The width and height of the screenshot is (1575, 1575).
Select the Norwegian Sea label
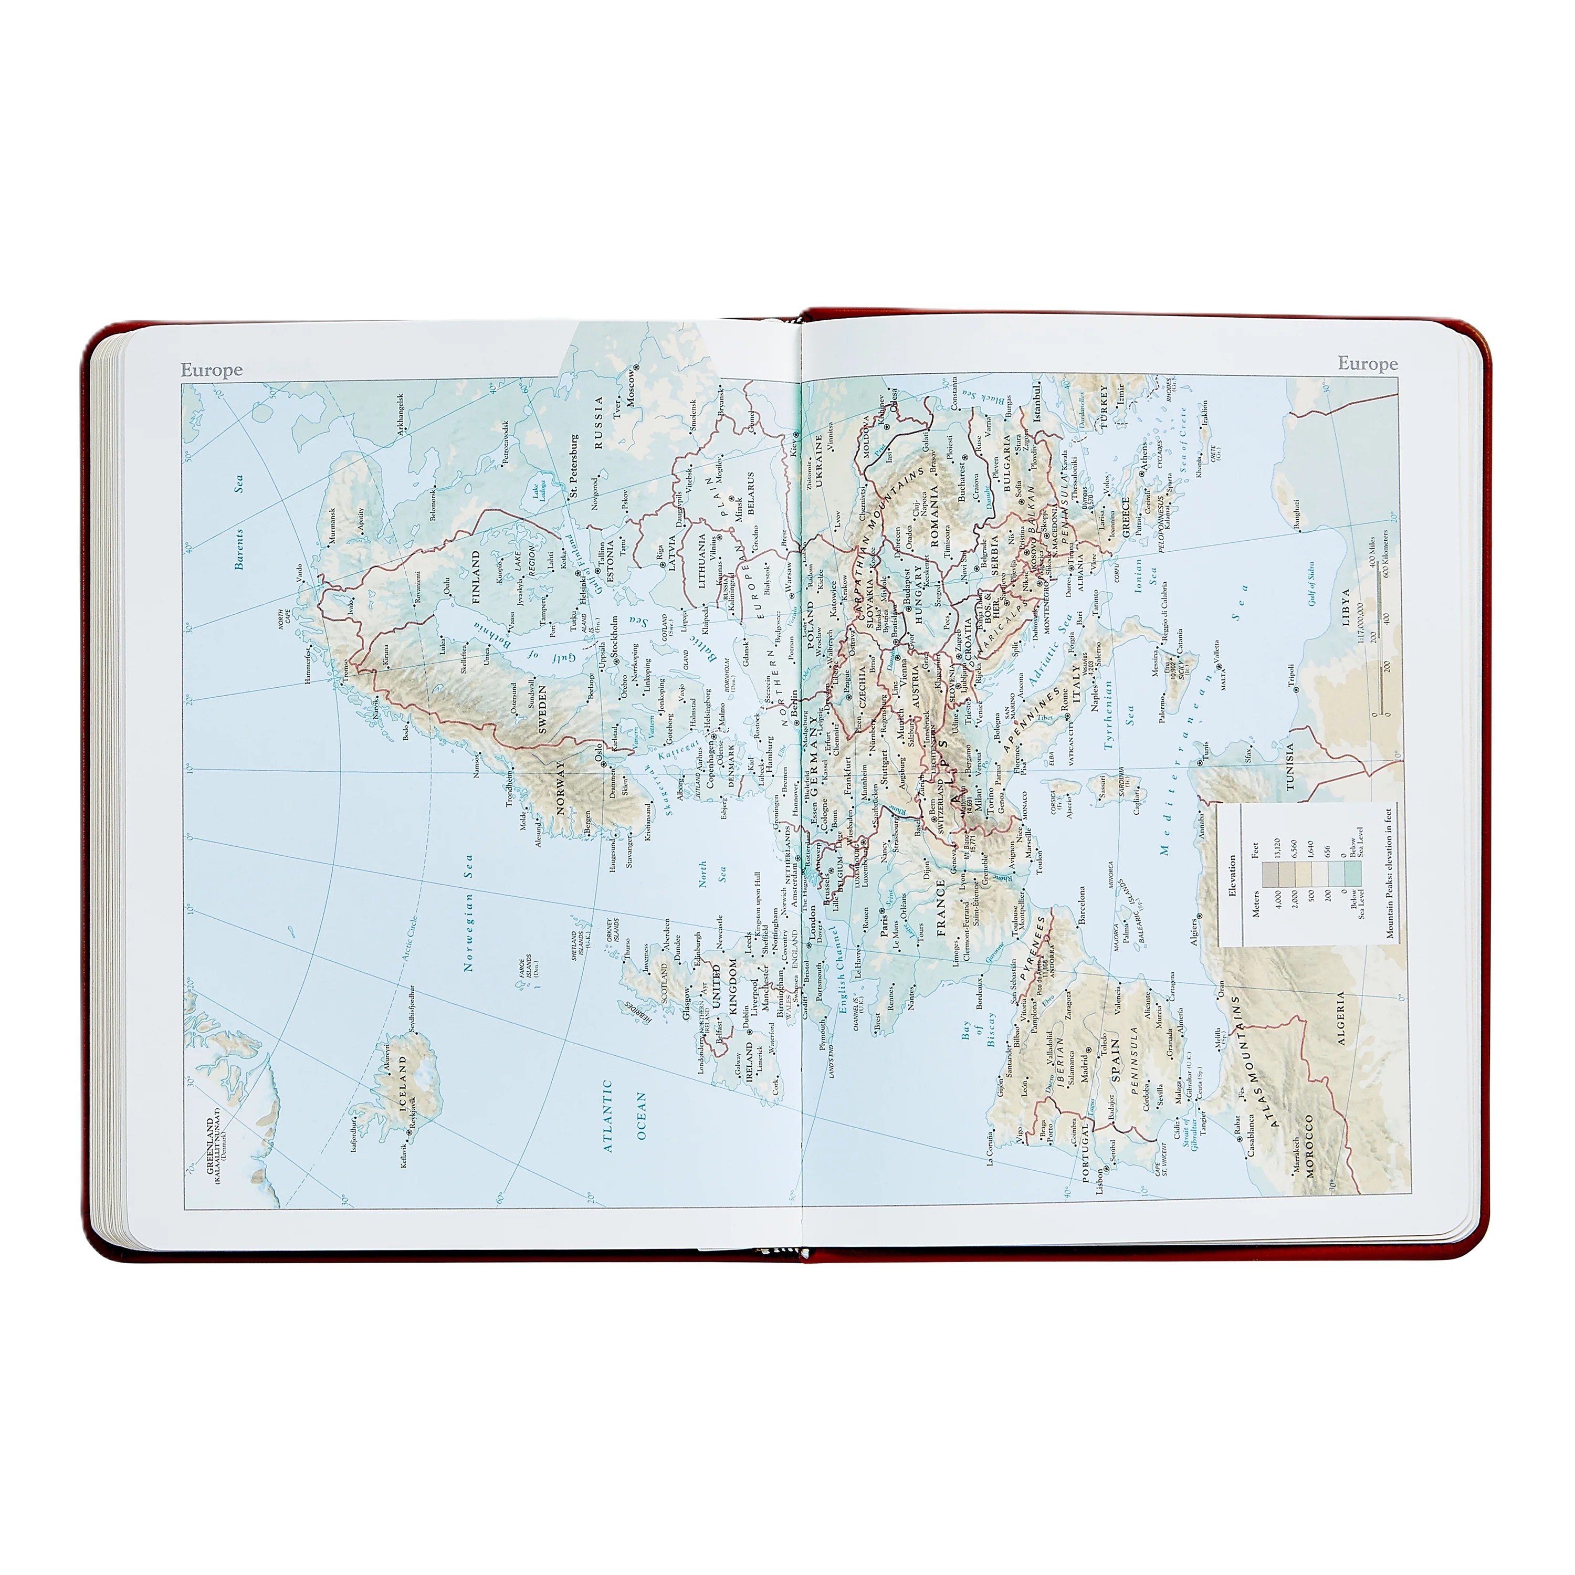pos(469,913)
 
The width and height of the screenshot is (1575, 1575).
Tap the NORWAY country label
pos(560,787)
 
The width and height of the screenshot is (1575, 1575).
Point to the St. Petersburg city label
pos(574,466)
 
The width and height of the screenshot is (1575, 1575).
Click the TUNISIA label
pos(1290,766)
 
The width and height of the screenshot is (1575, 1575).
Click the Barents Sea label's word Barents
pos(239,549)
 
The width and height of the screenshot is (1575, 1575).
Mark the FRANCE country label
pos(941,906)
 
